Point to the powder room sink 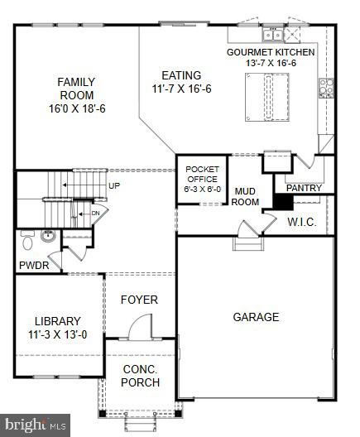tap(48, 237)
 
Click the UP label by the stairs tap(114, 185)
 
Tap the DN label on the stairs tap(95, 212)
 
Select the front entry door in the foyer tap(140, 328)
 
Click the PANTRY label tap(304, 188)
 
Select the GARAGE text tap(256, 317)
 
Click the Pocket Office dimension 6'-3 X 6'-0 tap(201, 189)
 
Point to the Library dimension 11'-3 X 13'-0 tap(57, 335)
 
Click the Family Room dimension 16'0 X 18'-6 tap(76, 108)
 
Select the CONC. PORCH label tap(140, 377)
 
